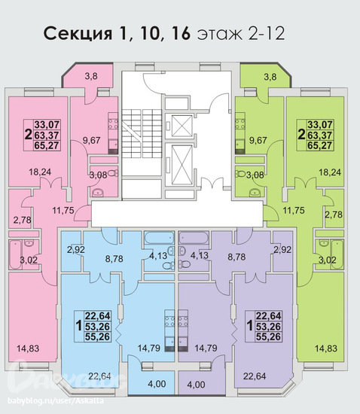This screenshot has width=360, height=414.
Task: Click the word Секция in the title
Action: [x=78, y=34]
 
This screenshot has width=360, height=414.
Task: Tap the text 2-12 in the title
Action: [x=266, y=34]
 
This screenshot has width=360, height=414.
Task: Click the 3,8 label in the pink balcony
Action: [x=91, y=76]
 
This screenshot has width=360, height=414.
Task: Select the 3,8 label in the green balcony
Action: [x=270, y=77]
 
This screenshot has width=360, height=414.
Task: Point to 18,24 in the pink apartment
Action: [x=40, y=172]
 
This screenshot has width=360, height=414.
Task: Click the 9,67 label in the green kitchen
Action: [x=258, y=140]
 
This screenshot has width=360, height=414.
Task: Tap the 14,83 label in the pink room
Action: [x=28, y=349]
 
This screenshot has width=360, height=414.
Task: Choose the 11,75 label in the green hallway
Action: [x=294, y=211]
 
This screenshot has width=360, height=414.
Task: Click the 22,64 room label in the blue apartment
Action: [x=99, y=376]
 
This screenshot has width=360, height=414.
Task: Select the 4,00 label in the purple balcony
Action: [x=196, y=385]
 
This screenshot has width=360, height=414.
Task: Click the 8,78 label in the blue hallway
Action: [x=114, y=258]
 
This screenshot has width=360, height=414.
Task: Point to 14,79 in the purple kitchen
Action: [x=206, y=348]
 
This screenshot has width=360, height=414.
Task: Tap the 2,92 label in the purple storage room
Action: [x=282, y=250]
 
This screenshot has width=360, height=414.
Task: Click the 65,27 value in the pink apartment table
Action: [x=47, y=145]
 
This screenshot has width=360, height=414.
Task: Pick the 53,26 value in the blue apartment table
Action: [x=97, y=327]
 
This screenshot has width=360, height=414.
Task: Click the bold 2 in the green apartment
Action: [x=301, y=135]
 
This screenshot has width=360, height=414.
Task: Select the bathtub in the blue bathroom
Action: [x=159, y=238]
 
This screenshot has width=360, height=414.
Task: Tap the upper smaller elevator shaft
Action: [x=182, y=126]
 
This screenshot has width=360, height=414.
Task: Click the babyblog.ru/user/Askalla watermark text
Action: [x=56, y=400]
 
